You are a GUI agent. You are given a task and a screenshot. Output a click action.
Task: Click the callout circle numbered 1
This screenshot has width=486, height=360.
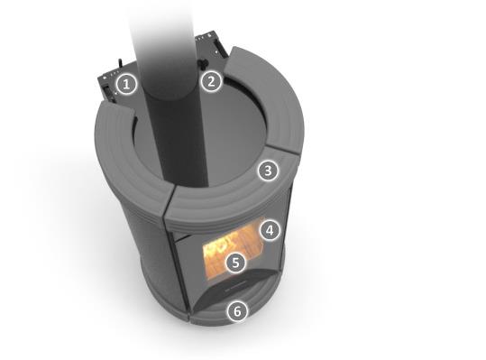coord(126,84)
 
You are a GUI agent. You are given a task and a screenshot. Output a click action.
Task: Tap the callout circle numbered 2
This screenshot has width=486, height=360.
coord(211,82)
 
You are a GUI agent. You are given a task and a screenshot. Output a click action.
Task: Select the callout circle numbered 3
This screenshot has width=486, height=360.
coord(268,171)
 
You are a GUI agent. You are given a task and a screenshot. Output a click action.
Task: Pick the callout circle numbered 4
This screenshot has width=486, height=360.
coord(270,230)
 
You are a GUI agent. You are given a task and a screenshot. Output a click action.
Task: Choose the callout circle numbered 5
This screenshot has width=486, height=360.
coord(235,263)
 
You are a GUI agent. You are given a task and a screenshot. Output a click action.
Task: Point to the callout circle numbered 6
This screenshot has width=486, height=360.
coord(237,311)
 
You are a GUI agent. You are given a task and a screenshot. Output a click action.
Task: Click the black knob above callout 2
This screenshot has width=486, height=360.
coord(203,63)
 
